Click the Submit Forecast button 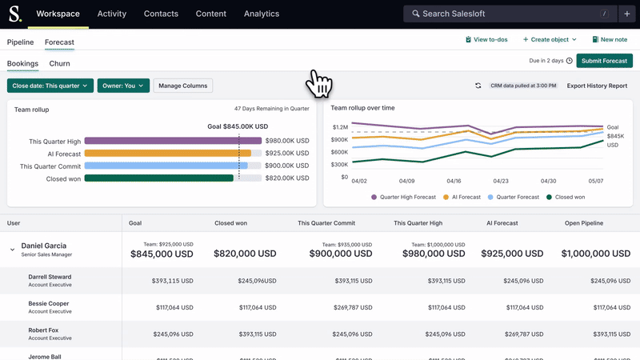pos(604,61)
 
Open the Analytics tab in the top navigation pos(261,14)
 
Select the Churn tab pos(59,63)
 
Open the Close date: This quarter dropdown pos(50,86)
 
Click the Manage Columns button pos(182,86)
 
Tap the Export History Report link pos(597,86)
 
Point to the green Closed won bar pos(158,178)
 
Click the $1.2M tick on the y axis pos(339,127)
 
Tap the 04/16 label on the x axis pos(454,181)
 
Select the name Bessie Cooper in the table pos(48,304)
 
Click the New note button pos(610,39)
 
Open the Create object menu pos(550,39)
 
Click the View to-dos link pos(486,39)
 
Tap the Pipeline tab pos(20,42)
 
